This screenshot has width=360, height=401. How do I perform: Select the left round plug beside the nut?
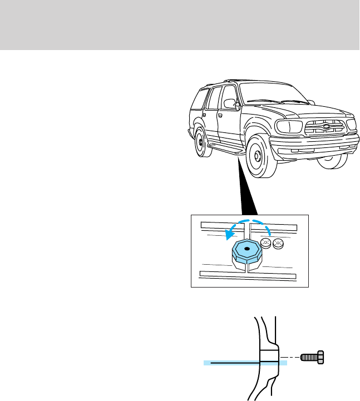pyautogui.click(x=266, y=244)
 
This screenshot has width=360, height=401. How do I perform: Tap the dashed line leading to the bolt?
pyautogui.click(x=290, y=356)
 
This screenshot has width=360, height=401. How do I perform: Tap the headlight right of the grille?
pyautogui.click(x=352, y=123)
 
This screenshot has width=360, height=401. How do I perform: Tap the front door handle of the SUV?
pyautogui.click(x=221, y=116)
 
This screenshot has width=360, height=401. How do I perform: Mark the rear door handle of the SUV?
pyautogui.click(x=204, y=113)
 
